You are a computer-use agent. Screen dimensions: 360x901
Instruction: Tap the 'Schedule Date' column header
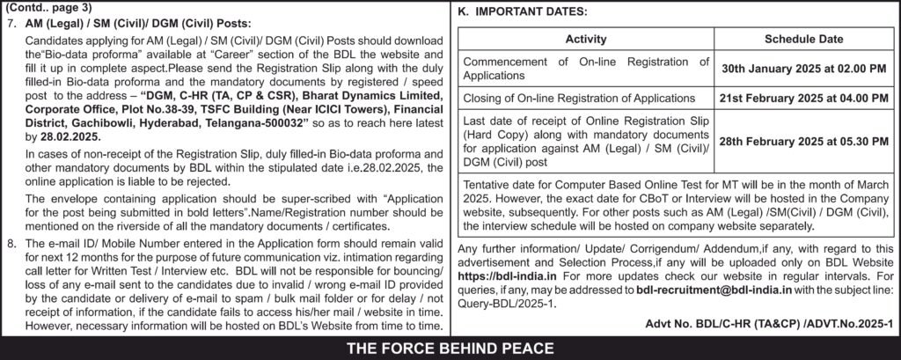pyautogui.click(x=804, y=40)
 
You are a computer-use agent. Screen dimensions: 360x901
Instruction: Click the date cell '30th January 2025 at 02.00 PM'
pyautogui.click(x=804, y=68)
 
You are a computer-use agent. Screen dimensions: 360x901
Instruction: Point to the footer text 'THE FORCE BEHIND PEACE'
pyautogui.click(x=450, y=347)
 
